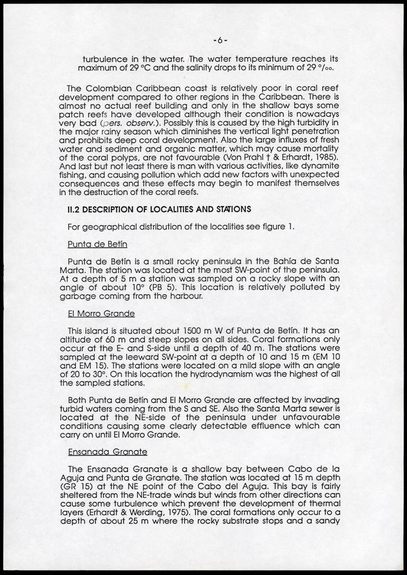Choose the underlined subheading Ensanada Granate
pos(107,451)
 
